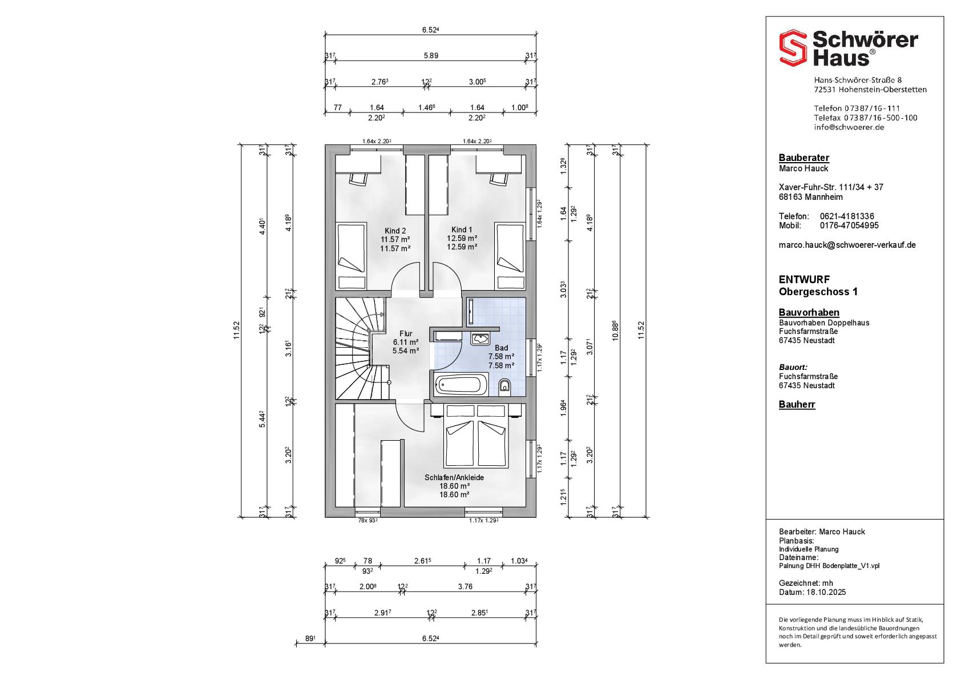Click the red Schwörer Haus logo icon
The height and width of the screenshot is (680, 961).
(793, 48)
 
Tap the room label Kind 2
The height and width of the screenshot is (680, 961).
(395, 231)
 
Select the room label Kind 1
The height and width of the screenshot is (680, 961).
(462, 230)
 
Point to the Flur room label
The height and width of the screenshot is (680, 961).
(406, 333)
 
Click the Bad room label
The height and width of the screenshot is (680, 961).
(501, 348)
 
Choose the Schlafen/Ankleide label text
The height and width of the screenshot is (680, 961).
(454, 477)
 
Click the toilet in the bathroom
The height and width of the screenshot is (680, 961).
(505, 387)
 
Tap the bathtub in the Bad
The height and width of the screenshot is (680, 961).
(461, 384)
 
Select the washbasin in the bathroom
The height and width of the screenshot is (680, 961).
(480, 339)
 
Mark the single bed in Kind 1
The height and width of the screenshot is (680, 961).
(510, 256)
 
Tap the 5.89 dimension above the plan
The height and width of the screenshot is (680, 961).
(431, 56)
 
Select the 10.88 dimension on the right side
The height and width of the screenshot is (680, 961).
(616, 331)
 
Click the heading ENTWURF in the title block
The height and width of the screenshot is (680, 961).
(798, 279)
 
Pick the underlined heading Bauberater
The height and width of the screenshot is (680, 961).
(804, 158)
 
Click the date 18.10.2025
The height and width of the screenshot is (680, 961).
(826, 593)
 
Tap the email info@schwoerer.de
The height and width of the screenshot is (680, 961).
(849, 127)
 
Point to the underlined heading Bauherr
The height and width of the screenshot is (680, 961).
(797, 404)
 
